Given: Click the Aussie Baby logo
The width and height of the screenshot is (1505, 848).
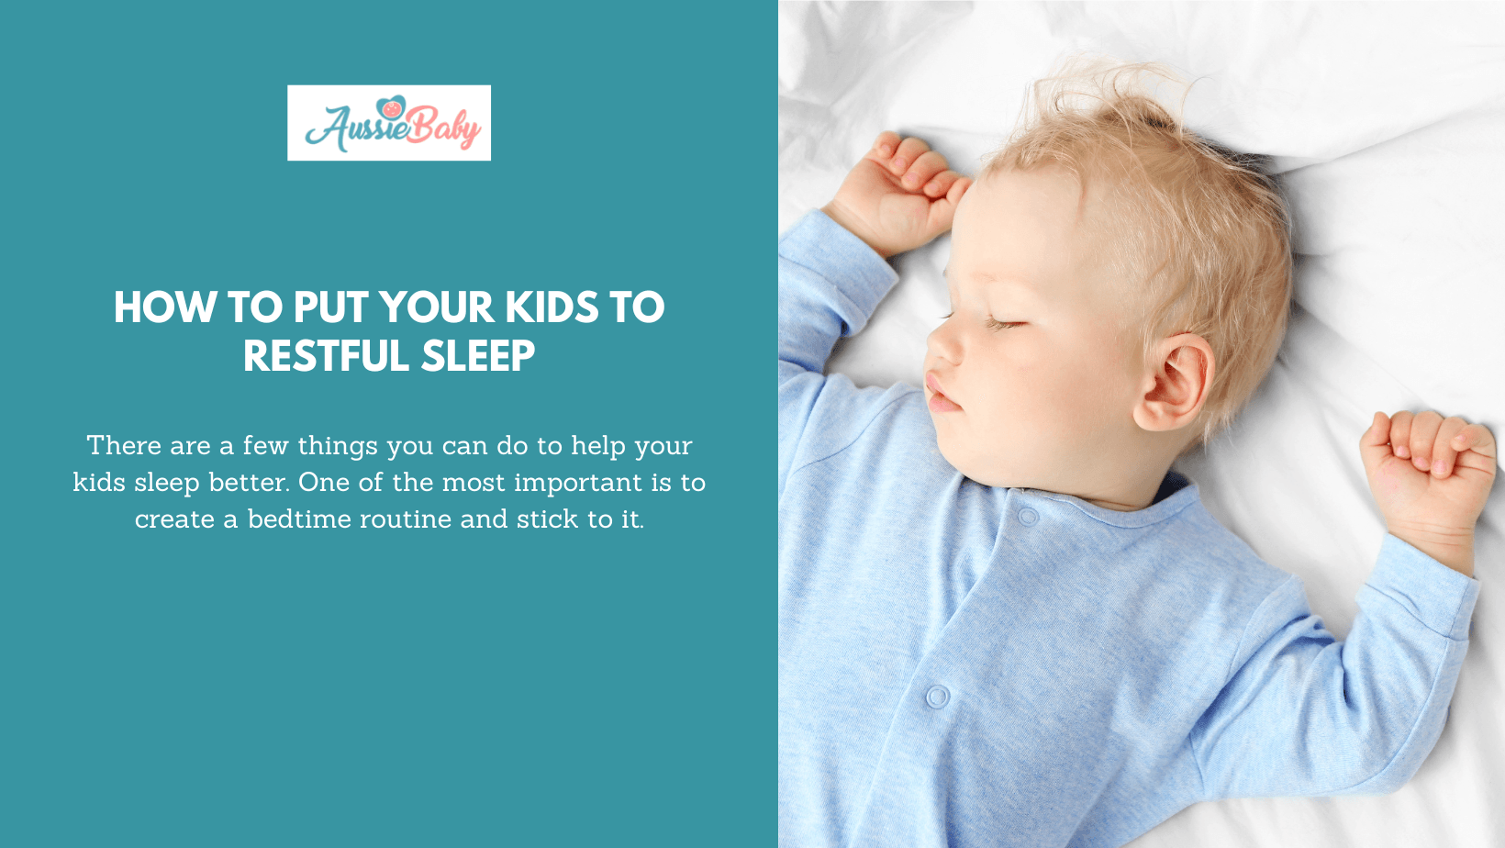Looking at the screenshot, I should (x=389, y=123).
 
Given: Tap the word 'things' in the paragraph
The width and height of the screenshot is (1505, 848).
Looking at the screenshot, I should (x=338, y=447).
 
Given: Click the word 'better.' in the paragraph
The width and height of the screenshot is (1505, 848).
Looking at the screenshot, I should (x=249, y=483).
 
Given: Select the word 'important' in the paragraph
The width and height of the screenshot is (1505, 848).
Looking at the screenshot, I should (x=578, y=483).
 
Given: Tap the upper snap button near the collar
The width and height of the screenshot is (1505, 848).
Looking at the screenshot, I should (x=1028, y=517).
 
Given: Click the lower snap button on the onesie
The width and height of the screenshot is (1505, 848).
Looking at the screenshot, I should (x=937, y=697).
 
